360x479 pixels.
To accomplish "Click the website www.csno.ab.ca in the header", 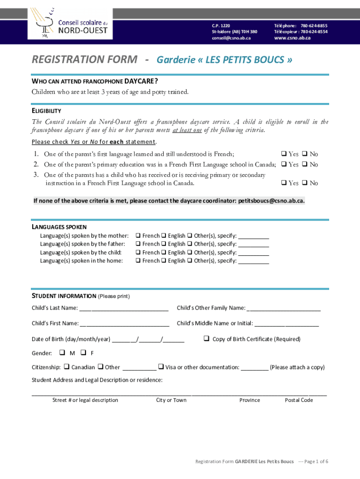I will click(x=292, y=38).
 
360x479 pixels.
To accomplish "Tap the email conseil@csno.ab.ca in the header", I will click(x=231, y=38).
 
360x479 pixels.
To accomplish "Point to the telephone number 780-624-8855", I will click(x=314, y=26).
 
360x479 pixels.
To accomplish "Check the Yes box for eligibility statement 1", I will click(x=283, y=154).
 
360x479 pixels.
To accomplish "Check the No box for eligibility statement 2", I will click(x=304, y=164).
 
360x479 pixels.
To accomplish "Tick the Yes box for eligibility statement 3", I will click(x=283, y=183).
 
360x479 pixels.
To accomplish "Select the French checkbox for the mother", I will click(x=138, y=236).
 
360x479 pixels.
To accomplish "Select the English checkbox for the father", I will click(x=164, y=244).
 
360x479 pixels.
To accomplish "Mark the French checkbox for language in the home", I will click(x=138, y=261).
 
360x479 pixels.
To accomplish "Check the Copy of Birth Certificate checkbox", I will click(x=206, y=339).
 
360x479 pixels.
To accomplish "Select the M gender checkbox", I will click(x=62, y=353).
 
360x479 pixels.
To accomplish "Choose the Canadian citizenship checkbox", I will click(x=66, y=367).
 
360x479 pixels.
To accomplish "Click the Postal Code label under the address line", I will click(x=299, y=400).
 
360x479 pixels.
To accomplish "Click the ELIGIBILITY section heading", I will click(x=46, y=111).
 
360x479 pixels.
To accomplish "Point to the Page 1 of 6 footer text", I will click(x=316, y=462).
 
